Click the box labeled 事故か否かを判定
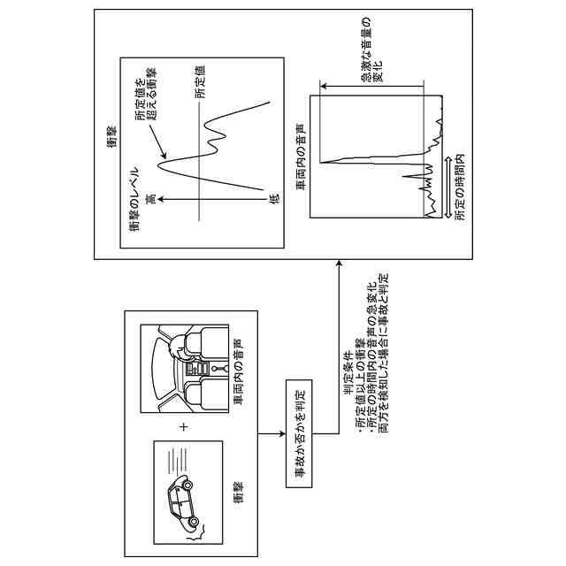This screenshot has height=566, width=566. click(299, 432)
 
